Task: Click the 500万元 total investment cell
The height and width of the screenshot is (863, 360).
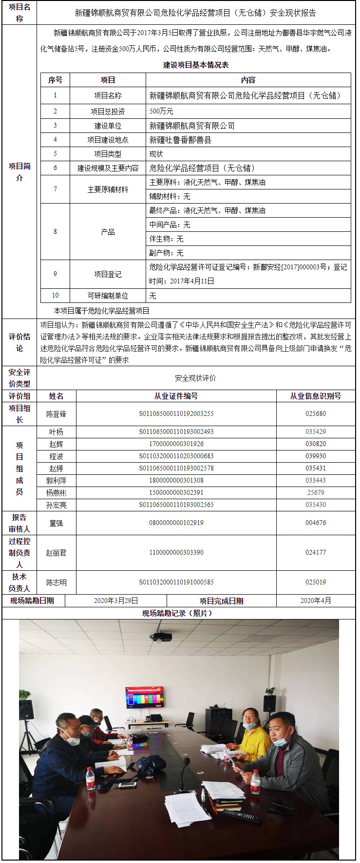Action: tap(161, 112)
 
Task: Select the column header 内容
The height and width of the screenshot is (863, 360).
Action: tap(248, 80)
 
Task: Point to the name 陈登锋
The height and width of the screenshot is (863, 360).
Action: tap(56, 414)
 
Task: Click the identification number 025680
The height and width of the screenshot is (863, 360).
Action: tap(316, 414)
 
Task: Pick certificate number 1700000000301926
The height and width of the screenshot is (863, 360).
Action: tap(176, 444)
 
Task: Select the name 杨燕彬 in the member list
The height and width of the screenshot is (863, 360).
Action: tap(56, 493)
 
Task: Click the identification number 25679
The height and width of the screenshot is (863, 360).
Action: tap(316, 493)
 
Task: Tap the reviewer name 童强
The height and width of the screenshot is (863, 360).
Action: tap(56, 523)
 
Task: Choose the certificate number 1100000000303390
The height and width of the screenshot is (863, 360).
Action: tap(176, 553)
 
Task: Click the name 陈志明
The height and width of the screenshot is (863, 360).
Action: tap(56, 582)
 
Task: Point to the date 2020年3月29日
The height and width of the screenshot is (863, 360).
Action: tap(116, 601)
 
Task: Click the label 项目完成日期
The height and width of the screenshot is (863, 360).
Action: tap(221, 601)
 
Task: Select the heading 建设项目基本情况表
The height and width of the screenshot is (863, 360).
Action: tap(195, 65)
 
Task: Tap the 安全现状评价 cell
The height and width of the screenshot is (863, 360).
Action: tap(195, 378)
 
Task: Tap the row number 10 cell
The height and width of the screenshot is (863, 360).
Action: tap(55, 296)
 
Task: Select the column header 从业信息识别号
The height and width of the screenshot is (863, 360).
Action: tap(316, 396)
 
